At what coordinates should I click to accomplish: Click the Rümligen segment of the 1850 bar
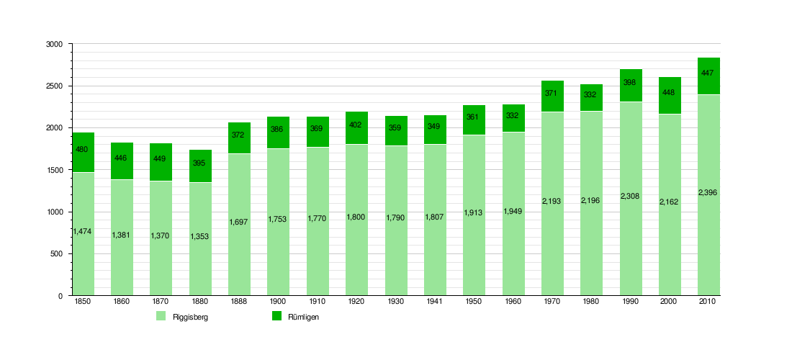(x=84, y=153)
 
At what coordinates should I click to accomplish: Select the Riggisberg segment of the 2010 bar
(x=708, y=195)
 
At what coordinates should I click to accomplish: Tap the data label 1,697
(x=238, y=222)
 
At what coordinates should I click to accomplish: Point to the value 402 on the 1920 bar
(x=356, y=125)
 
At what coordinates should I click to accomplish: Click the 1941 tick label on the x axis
(x=434, y=302)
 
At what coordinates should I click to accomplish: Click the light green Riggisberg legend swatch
(x=161, y=316)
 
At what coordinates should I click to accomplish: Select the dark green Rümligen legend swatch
(x=276, y=316)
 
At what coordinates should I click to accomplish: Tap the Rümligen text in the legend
(x=304, y=317)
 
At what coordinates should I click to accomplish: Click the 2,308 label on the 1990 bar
(x=631, y=196)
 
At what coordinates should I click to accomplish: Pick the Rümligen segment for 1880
(x=201, y=166)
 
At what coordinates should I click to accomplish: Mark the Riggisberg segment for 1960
(x=513, y=214)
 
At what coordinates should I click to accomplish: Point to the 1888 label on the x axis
(x=238, y=302)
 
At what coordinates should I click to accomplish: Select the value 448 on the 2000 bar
(x=670, y=92)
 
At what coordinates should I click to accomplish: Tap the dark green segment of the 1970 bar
(x=552, y=96)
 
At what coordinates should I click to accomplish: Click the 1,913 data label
(x=473, y=212)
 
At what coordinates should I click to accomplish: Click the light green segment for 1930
(x=396, y=220)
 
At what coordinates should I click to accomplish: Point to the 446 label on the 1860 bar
(x=121, y=158)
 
